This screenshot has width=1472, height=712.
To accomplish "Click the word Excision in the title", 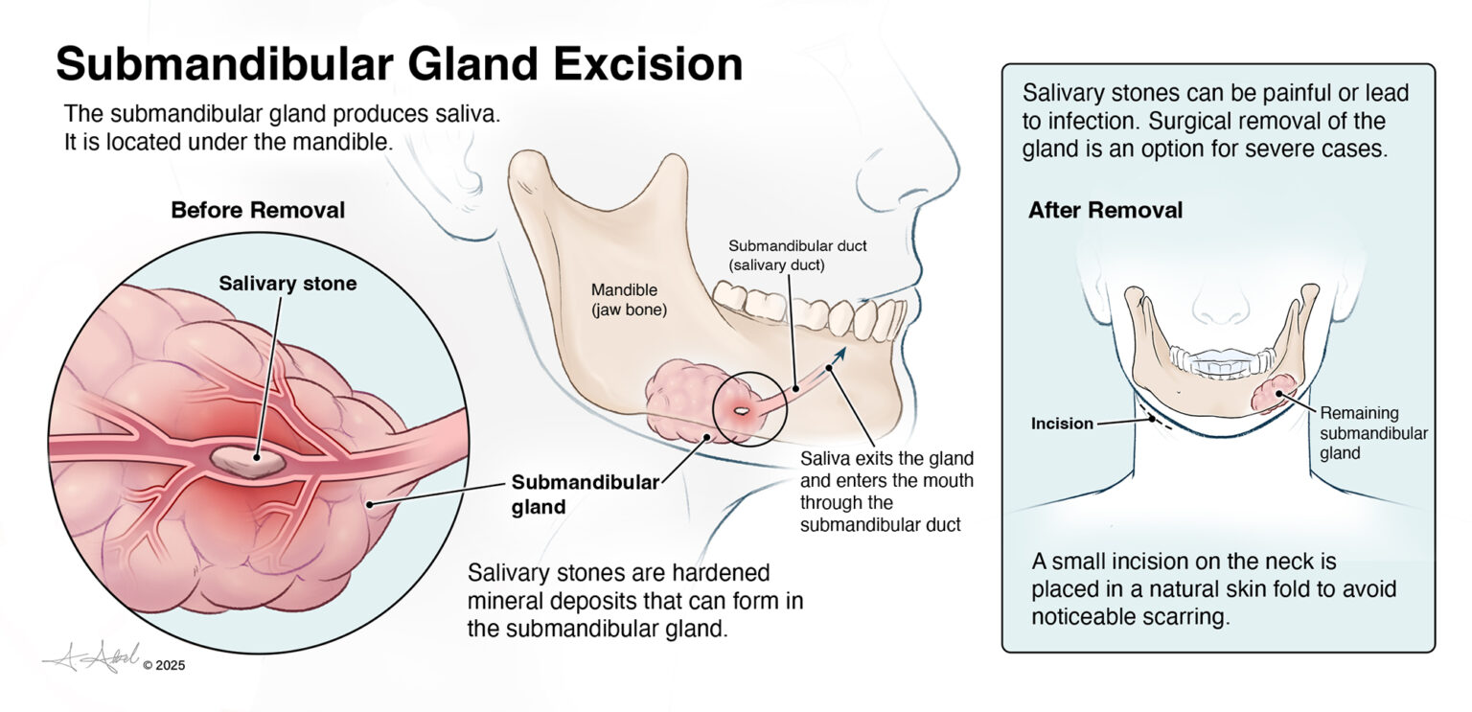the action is [x=647, y=63].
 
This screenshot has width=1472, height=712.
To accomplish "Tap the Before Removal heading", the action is [x=258, y=210].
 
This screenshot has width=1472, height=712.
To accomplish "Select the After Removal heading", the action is [x=1105, y=210].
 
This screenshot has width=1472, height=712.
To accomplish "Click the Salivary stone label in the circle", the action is [x=287, y=284].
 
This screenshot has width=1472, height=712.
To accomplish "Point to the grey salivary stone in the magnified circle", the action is [x=248, y=462].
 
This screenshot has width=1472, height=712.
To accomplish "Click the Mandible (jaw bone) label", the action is [x=629, y=300].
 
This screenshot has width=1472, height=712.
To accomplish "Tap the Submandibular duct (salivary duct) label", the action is [x=797, y=256].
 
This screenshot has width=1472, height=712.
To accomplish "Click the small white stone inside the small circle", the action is [x=741, y=412].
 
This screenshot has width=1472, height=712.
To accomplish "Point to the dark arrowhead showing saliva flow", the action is [x=839, y=355].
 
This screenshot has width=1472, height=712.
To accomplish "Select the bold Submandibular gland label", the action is [x=585, y=494].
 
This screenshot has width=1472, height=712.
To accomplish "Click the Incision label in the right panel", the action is [x=1062, y=424].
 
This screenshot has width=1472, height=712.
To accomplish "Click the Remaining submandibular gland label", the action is [x=1373, y=433].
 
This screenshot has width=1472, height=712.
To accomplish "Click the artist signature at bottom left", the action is [x=92, y=656].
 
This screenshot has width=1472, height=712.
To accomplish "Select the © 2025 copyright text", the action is [x=164, y=665].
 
